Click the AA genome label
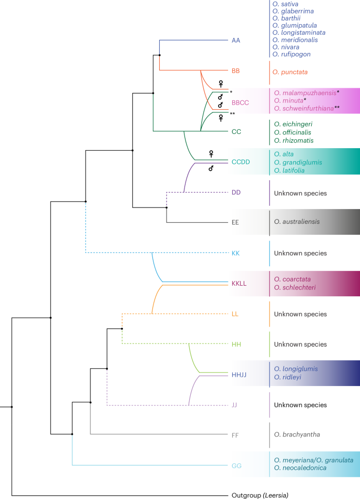pos(236,40)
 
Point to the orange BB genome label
pos(236,70)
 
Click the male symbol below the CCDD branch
pos(211,169)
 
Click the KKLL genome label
pos(240,283)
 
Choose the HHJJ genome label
pos(240,374)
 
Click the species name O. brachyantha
pos(296,434)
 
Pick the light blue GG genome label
pos(237,465)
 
